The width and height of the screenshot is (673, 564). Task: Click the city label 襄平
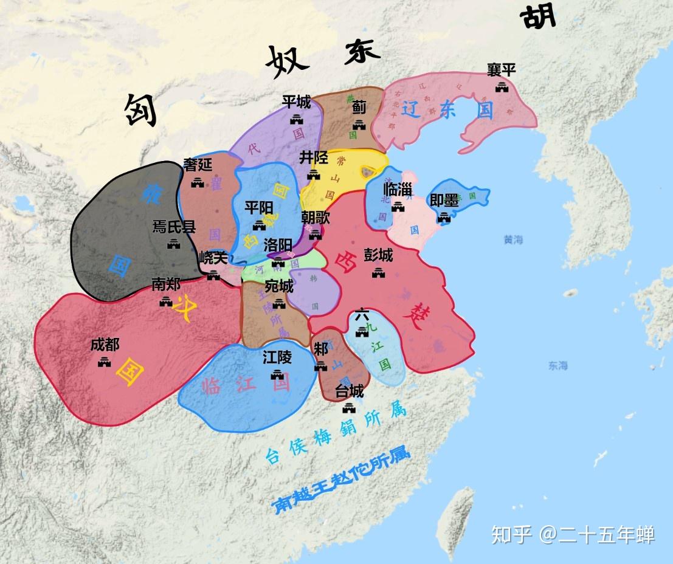tap(502, 69)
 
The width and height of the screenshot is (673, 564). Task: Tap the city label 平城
tap(297, 101)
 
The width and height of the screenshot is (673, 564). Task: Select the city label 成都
tap(105, 345)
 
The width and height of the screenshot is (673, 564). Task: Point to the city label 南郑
tap(166, 284)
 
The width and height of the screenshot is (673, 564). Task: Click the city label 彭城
tap(378, 255)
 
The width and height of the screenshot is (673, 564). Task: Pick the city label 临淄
tap(398, 190)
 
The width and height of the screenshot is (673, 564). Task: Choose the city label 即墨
tap(444, 201)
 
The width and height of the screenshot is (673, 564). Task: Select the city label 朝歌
tap(316, 217)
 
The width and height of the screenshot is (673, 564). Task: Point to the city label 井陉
tap(314, 158)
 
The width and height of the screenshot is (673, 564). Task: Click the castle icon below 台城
tap(349, 407)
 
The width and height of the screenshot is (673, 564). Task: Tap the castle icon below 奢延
tap(198, 182)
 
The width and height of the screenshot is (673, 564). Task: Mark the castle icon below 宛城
tap(279, 303)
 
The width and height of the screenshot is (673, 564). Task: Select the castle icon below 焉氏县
tap(174, 244)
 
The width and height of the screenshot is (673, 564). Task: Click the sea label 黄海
tap(513, 239)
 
